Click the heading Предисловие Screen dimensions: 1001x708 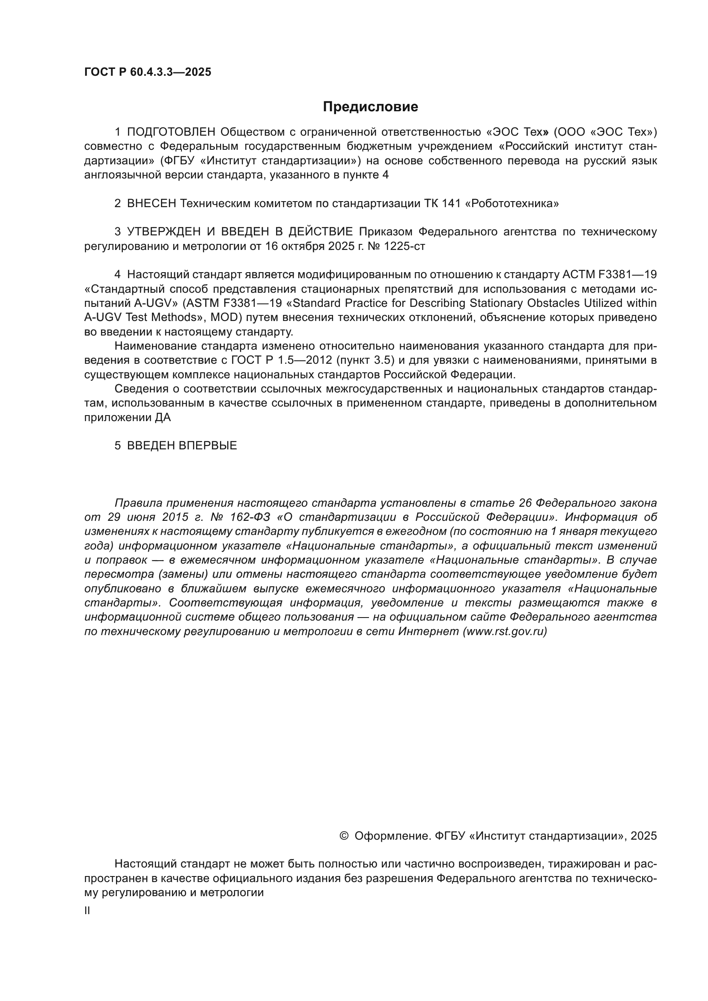click(370, 107)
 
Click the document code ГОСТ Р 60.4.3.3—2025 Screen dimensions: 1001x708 click(147, 72)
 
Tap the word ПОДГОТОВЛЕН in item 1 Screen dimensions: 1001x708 click(171, 132)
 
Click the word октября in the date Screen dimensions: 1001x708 click(303, 246)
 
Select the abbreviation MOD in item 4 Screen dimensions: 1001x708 click(223, 317)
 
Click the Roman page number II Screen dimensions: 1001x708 click(87, 911)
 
